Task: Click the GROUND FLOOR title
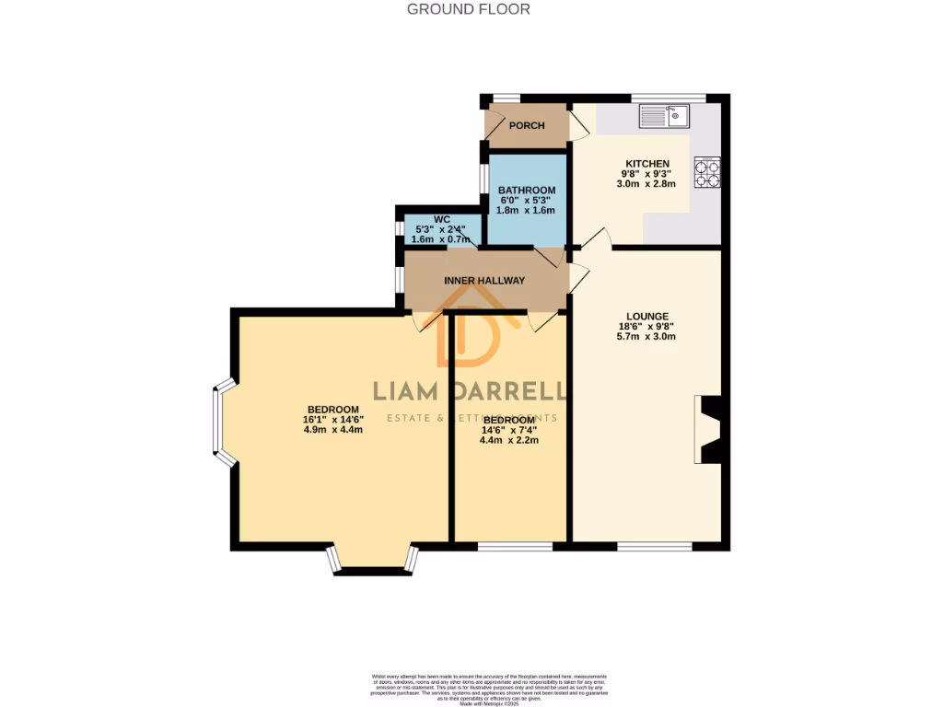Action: (x=469, y=9)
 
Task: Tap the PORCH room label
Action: (x=527, y=126)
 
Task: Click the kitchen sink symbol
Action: (x=665, y=116)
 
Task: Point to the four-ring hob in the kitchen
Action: (x=708, y=173)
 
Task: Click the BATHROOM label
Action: (x=528, y=190)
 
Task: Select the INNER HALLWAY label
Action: (x=484, y=281)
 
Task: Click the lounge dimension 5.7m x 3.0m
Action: (x=646, y=337)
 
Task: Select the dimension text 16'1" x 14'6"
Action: (x=333, y=420)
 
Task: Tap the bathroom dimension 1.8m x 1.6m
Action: (x=528, y=210)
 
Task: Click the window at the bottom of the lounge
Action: (x=654, y=547)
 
